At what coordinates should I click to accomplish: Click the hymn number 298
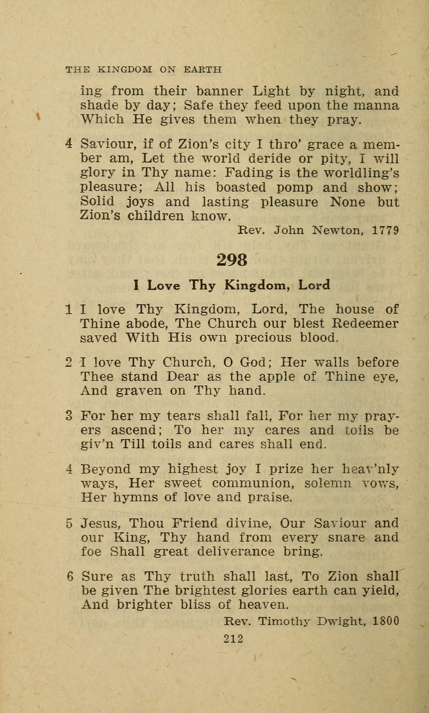(x=232, y=260)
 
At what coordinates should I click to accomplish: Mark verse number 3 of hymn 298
(x=69, y=416)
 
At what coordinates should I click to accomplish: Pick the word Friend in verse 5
(x=195, y=523)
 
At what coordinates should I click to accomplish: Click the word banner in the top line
(x=219, y=91)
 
